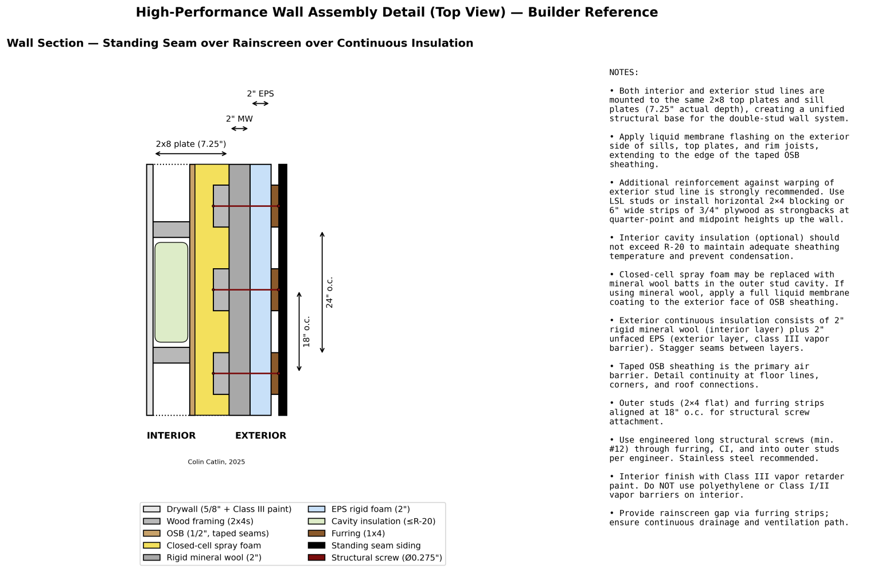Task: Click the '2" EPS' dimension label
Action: [260, 94]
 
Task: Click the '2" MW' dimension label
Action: [239, 119]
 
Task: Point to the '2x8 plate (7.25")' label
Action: [191, 144]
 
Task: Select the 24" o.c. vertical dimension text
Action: [329, 293]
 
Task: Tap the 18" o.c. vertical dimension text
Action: [306, 332]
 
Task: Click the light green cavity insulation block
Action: [171, 292]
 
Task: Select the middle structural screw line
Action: [245, 290]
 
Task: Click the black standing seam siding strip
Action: [283, 290]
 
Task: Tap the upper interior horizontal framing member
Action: [171, 229]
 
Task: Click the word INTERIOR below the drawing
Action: [171, 436]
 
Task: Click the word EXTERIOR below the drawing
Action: [260, 436]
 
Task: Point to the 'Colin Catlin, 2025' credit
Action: [216, 462]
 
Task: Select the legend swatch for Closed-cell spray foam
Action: [152, 546]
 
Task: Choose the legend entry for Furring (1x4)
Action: [358, 534]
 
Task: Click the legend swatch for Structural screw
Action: [317, 558]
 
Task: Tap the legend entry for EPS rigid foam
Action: [371, 509]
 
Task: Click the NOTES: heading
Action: [624, 73]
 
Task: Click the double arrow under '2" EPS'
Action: [260, 104]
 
